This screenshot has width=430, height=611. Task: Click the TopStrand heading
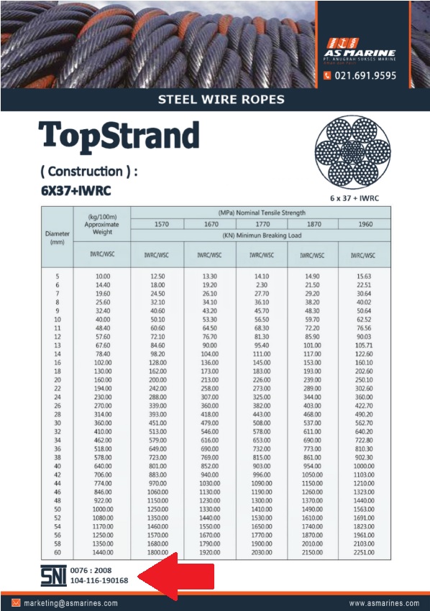(x=119, y=136)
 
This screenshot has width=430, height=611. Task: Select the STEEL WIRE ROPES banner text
(x=221, y=99)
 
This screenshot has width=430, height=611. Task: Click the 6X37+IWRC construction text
(x=77, y=192)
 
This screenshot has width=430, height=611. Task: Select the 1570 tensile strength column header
(x=157, y=224)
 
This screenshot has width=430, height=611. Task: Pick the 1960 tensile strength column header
(x=365, y=224)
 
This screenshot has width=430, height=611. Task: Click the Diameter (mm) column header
(x=58, y=238)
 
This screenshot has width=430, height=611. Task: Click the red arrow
(x=175, y=578)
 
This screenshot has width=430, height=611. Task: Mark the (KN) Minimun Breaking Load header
(x=261, y=235)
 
